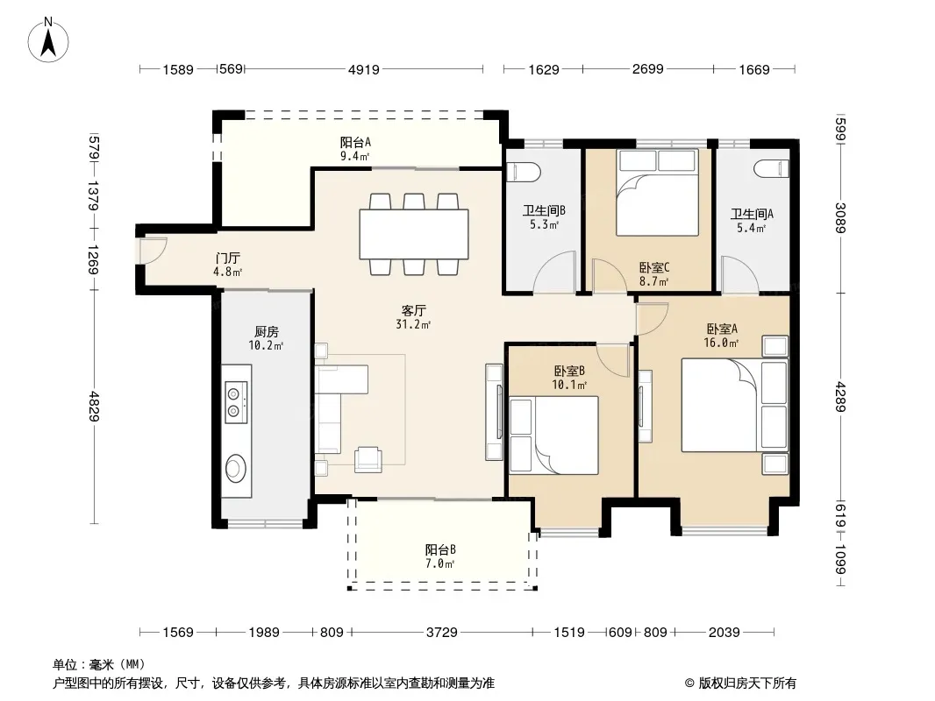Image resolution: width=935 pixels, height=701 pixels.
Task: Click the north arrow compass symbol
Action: click(48, 40)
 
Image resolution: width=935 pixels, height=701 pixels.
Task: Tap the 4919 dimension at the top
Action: click(364, 70)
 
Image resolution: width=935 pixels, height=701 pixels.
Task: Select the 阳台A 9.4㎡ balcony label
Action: click(355, 149)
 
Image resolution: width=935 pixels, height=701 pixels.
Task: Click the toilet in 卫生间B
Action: click(523, 172)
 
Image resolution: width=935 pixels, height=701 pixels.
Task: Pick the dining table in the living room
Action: click(414, 234)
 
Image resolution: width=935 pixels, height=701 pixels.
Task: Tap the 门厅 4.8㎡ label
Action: click(228, 265)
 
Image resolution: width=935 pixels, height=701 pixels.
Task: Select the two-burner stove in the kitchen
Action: click(236, 402)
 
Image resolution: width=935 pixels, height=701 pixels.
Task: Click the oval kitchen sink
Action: click(236, 468)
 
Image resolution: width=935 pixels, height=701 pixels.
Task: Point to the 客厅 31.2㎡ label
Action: click(413, 317)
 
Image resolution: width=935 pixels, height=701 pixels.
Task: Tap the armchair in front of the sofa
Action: click(368, 459)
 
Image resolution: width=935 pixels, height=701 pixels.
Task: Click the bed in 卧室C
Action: click(657, 193)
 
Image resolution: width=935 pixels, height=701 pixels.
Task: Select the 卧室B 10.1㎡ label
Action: click(569, 378)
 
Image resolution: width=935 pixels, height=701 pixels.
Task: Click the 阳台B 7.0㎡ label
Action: click(440, 556)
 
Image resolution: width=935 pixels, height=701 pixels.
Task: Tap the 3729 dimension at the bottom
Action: click(442, 632)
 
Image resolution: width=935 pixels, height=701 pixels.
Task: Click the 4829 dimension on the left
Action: click(94, 407)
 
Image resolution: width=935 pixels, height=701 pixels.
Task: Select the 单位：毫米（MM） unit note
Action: click(99, 664)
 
